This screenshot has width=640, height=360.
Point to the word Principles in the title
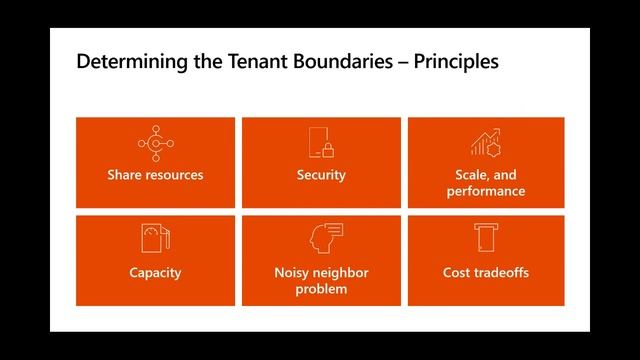click(x=450, y=62)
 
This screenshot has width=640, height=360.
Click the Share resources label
click(x=155, y=175)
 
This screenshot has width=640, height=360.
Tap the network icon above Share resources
click(x=155, y=145)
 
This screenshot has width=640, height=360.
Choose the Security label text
click(x=321, y=175)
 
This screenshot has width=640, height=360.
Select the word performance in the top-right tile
click(x=485, y=191)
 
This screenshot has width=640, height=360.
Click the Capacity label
click(x=155, y=272)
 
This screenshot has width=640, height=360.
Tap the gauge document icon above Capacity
click(x=155, y=240)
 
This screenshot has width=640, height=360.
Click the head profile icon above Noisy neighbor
click(x=321, y=240)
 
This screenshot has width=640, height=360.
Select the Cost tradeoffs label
click(x=485, y=272)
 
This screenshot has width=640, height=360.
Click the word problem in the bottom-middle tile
click(x=321, y=289)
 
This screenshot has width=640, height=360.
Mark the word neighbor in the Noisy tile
click(x=340, y=272)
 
